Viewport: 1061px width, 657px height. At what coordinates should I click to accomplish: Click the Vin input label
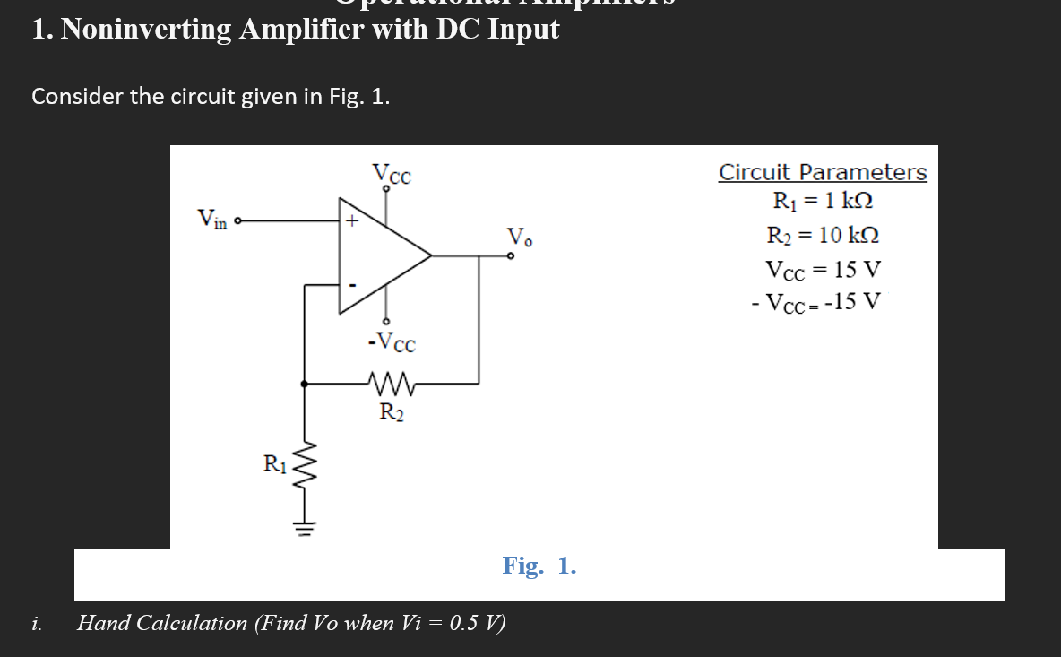pyautogui.click(x=211, y=218)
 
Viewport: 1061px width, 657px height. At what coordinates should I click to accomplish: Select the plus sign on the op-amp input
pyautogui.click(x=352, y=220)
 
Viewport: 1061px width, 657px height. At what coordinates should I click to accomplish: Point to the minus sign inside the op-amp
pyautogui.click(x=352, y=286)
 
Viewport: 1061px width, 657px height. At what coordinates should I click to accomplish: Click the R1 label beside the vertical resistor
pyautogui.click(x=274, y=464)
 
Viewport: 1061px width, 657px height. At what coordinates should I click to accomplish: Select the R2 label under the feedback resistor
pyautogui.click(x=391, y=413)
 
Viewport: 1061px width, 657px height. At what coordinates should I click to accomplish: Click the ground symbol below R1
pyautogui.click(x=306, y=527)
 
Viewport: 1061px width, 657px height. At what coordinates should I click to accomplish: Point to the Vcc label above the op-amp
pyautogui.click(x=392, y=173)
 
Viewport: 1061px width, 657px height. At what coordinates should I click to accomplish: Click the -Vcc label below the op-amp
pyautogui.click(x=391, y=341)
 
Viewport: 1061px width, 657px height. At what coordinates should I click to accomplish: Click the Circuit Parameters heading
pyautogui.click(x=823, y=172)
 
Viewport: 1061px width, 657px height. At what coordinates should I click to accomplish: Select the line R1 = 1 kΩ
pyautogui.click(x=823, y=201)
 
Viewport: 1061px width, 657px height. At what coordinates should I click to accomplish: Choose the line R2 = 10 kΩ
pyautogui.click(x=823, y=236)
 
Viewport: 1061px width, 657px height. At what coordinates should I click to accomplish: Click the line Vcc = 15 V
pyautogui.click(x=823, y=269)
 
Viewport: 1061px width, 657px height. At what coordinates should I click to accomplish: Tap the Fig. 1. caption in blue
pyautogui.click(x=539, y=566)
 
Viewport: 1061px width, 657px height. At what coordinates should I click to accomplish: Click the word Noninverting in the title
pyautogui.click(x=145, y=30)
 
